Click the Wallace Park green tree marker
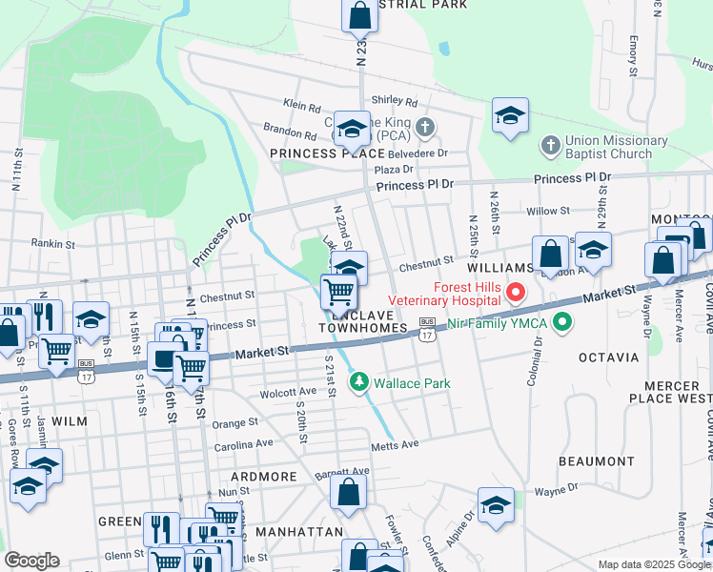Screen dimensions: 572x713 [359, 383]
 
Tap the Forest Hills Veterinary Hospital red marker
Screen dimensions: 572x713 [516, 291]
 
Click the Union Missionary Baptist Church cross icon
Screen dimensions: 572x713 [549, 146]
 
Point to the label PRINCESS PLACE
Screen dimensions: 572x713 [314, 153]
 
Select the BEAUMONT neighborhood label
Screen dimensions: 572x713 [596, 461]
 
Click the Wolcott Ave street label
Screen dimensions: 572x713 [288, 392]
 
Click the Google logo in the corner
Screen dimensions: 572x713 [31, 561]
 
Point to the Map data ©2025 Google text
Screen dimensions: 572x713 [653, 564]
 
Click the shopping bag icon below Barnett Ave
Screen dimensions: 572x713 [348, 493]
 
